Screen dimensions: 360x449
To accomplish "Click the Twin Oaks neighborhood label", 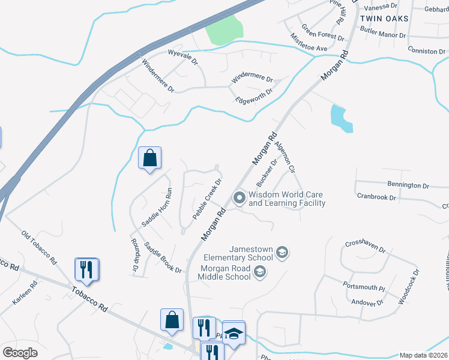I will pos(384,19).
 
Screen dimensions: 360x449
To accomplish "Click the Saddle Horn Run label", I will pos(157,207).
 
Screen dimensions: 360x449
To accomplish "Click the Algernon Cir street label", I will pos(285,158).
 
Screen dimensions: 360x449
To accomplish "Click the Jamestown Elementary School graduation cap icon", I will pos(283,254).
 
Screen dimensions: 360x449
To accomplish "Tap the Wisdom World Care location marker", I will pos(240,197).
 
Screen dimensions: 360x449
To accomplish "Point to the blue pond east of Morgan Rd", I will pos(340,118).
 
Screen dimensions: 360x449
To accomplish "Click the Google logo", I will pos(20,353).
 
